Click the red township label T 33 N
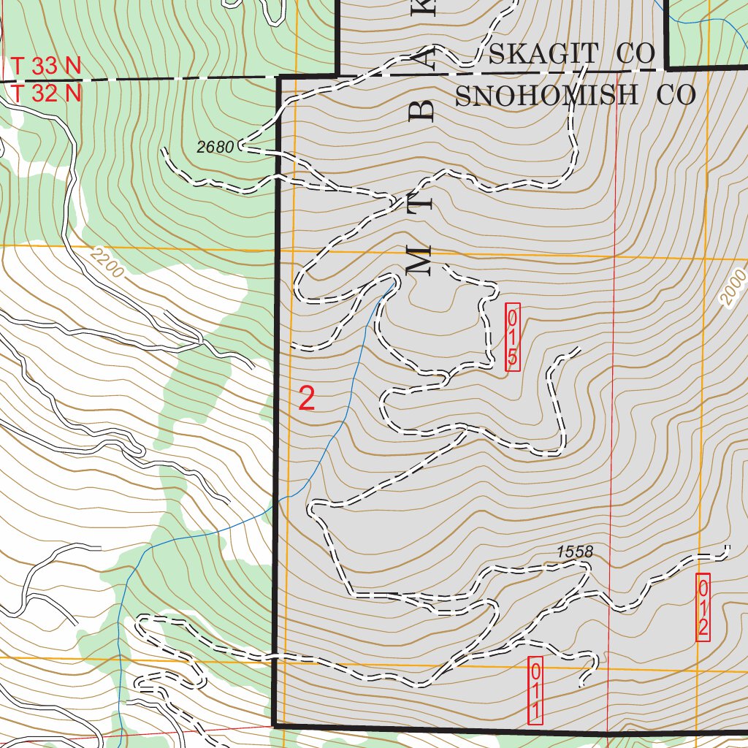click(45, 66)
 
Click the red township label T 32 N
click(45, 93)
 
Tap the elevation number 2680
click(215, 147)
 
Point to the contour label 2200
click(109, 263)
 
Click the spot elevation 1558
click(574, 552)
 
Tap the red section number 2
click(307, 399)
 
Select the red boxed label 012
click(703, 607)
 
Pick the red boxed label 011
click(535, 690)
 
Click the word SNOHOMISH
click(546, 95)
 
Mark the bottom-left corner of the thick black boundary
click(274, 725)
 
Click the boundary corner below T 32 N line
click(279, 77)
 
